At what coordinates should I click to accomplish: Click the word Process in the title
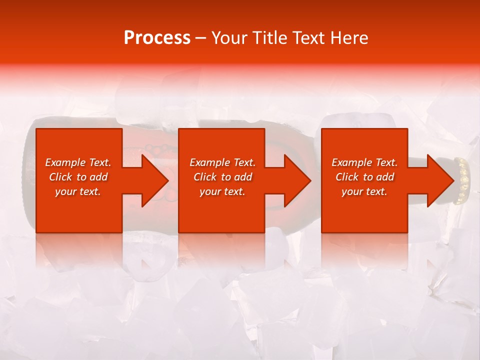[157, 38]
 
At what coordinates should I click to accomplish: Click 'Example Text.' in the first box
[78, 162]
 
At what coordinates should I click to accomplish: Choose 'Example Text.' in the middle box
[222, 162]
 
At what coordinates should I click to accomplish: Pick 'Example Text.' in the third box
[364, 162]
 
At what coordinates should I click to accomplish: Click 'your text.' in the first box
[78, 191]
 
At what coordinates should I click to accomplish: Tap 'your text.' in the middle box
[222, 191]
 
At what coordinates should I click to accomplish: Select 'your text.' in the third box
[364, 191]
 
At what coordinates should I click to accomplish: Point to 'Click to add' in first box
[78, 177]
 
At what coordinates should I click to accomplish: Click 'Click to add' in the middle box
[222, 177]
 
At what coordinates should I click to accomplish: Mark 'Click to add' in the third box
[364, 177]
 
